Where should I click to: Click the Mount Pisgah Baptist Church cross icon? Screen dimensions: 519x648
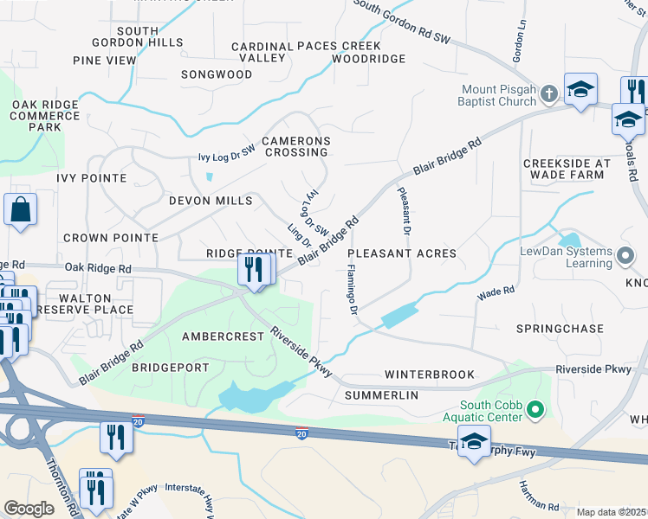coord(548,93)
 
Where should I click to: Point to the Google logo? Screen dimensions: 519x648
coord(29,509)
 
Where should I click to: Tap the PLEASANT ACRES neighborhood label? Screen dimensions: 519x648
coord(401,253)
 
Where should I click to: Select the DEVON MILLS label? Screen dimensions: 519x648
coord(210,201)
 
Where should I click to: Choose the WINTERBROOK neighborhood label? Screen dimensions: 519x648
coord(430,375)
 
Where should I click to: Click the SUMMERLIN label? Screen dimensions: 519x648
coord(381,395)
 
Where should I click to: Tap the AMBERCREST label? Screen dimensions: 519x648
coord(222,336)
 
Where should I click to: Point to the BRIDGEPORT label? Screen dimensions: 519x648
coord(170,368)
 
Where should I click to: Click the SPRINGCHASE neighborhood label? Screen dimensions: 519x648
coord(559,330)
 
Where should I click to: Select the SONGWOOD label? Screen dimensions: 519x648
coord(216,75)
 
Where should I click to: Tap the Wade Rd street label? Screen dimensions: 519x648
coord(496,294)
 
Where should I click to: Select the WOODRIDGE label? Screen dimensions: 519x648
coord(368,59)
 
